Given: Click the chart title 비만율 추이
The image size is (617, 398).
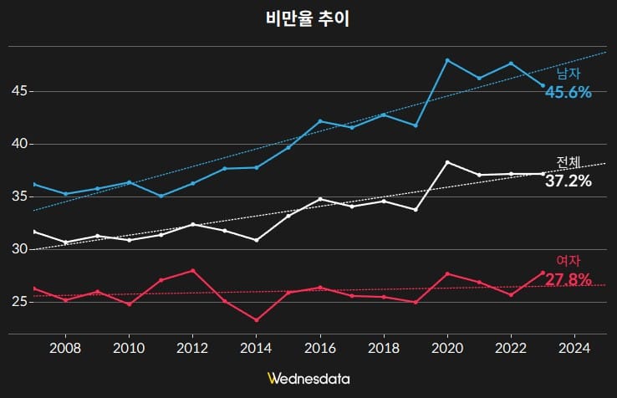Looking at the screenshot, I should click(x=308, y=20).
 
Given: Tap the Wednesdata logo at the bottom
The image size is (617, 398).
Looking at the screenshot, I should click(x=308, y=379).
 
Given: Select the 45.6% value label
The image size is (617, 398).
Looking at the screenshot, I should click(x=569, y=92).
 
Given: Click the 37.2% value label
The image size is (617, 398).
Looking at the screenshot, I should click(x=569, y=181).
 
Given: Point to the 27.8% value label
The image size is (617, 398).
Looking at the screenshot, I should click(x=569, y=278).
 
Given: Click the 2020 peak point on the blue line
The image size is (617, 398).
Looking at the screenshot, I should click(x=447, y=60).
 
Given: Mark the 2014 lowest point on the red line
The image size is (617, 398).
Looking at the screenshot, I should click(x=257, y=319).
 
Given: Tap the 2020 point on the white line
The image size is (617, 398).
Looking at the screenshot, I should click(x=447, y=162).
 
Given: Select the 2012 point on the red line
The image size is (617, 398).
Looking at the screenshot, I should click(x=193, y=270).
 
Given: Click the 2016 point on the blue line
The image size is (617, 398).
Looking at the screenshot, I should click(x=320, y=121).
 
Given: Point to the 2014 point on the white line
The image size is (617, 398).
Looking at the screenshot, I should click(x=257, y=240).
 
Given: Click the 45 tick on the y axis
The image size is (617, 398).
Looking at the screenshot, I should click(x=18, y=91).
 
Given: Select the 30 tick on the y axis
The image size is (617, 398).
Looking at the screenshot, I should click(x=18, y=249).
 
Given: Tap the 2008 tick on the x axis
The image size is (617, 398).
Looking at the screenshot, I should click(x=65, y=347).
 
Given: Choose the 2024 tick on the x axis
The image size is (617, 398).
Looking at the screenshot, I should click(x=574, y=347).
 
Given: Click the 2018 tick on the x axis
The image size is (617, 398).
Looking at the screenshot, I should click(x=384, y=347).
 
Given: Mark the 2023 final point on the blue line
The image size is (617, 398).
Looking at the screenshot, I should click(x=543, y=85).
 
